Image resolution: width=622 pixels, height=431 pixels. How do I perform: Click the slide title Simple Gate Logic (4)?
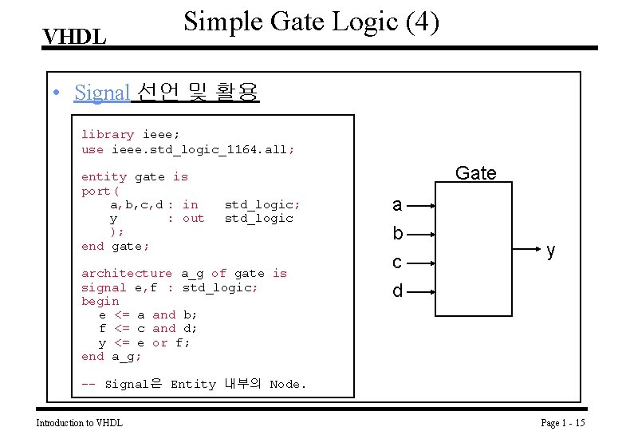point(311,22)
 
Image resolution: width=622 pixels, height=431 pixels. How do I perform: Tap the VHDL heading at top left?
point(74,38)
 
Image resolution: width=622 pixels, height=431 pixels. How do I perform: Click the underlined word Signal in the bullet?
point(101,93)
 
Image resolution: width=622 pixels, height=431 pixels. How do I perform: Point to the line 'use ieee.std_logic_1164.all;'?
point(187,149)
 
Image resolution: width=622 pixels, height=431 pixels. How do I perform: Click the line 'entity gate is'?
point(135,176)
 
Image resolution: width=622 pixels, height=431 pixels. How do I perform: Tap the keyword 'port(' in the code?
point(100,191)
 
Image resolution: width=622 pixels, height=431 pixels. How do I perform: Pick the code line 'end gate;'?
point(116,246)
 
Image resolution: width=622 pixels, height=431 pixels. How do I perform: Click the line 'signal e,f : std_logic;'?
point(170,287)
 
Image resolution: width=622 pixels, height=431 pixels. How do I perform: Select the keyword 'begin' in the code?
point(100,301)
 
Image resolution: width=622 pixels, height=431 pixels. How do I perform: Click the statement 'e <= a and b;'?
point(148,314)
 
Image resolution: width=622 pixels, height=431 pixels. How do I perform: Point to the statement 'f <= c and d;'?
point(148,328)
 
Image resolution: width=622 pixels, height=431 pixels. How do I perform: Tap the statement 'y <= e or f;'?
point(144,342)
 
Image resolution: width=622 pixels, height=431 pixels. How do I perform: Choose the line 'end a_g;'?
point(112,356)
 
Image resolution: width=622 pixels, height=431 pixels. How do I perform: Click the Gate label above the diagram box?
point(475,173)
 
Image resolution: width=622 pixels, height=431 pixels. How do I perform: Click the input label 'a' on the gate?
point(397,205)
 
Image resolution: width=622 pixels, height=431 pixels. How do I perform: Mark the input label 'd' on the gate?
point(397,291)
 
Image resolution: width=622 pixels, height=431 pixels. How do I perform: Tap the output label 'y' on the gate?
point(551,251)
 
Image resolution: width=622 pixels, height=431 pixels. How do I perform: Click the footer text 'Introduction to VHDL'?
point(80,422)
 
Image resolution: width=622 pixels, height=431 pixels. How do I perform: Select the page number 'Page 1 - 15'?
point(563,422)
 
